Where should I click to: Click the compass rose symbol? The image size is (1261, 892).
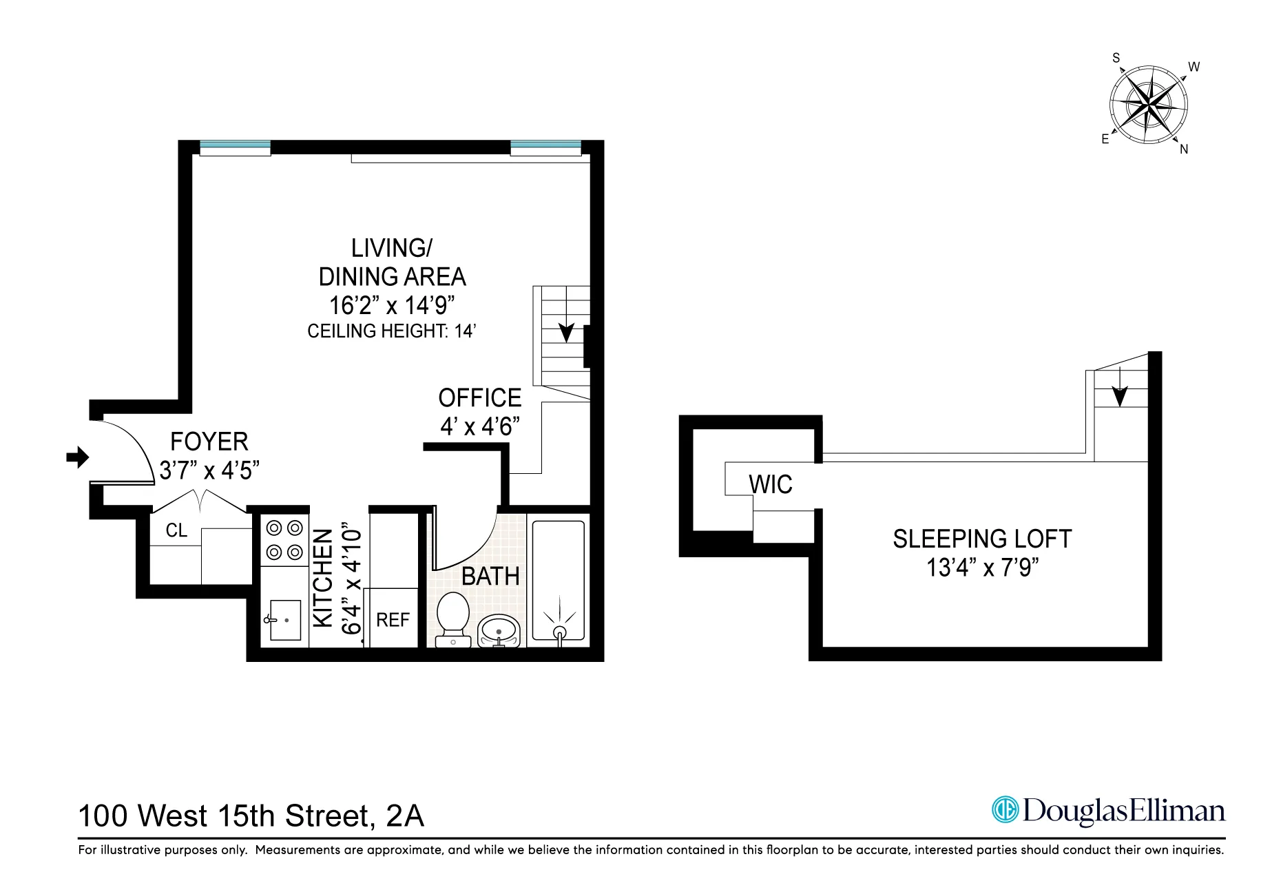coord(1149,107)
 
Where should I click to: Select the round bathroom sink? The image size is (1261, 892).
coord(499,630)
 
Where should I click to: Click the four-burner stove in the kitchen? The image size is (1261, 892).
coord(285,540)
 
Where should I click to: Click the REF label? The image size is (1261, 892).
coord(393,620)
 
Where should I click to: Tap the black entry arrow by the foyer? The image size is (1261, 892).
coord(78,457)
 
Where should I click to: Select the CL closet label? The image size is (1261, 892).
coord(176,530)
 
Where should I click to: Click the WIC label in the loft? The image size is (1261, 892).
coord(771,485)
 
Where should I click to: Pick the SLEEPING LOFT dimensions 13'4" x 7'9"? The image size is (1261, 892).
coord(982,568)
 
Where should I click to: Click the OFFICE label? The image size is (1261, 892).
coord(480,398)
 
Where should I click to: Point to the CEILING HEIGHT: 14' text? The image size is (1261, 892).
coord(392,331)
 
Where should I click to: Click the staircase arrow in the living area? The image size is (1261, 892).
coord(566,333)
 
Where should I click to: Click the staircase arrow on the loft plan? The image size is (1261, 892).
coord(1120,396)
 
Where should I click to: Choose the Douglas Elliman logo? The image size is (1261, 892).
coord(1108,811)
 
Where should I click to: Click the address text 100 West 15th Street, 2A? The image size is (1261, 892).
coord(251,816)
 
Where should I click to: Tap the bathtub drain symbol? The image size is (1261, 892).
coord(559,632)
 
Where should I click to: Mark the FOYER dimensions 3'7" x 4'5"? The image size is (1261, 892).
coord(209,470)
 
